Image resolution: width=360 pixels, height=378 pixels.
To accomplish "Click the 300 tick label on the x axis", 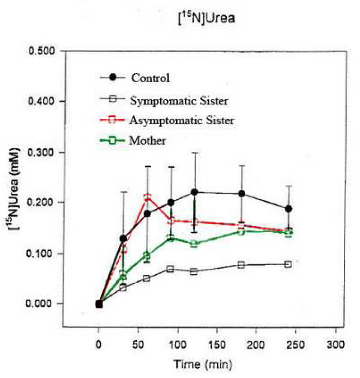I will tap(335, 345).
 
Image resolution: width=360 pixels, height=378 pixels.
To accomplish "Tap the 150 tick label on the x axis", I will tap(217, 345).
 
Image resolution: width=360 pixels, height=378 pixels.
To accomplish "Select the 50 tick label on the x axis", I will tap(138, 345).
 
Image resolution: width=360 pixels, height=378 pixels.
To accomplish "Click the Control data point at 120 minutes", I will tap(194, 192).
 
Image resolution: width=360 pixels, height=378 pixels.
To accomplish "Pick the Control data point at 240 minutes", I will tap(288, 209).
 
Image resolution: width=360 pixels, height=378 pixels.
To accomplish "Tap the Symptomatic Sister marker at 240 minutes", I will tap(288, 264).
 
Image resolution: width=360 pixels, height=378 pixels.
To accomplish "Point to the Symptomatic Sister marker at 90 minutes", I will tap(171, 269).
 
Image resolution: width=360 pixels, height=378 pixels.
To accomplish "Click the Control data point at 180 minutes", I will tap(241, 194).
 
